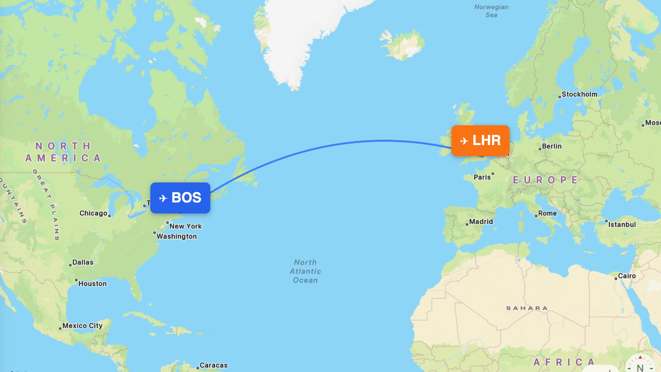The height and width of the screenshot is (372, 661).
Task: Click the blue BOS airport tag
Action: tap(180, 198)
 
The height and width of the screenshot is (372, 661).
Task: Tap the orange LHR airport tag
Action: tap(480, 141)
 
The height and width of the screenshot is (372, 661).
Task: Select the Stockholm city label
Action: tap(579, 94)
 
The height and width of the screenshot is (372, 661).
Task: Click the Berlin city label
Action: tap(552, 146)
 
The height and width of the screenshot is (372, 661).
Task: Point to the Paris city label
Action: tap(482, 177)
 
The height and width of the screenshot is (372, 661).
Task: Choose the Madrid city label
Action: tap(481, 222)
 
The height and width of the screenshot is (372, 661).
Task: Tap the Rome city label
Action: tap(547, 213)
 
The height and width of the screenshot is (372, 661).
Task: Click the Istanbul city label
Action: tap(622, 224)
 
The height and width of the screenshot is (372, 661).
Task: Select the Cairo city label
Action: tap(627, 276)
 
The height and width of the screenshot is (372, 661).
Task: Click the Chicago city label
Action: tap(93, 213)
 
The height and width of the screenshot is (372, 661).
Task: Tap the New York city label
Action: tap(185, 226)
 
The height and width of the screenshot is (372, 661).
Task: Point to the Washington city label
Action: tap(176, 236)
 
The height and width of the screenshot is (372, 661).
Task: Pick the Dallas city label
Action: tap(83, 262)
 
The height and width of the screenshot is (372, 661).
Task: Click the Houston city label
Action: tap(92, 284)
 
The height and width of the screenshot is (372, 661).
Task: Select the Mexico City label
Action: tap(82, 326)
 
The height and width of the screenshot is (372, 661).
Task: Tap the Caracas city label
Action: tap(213, 365)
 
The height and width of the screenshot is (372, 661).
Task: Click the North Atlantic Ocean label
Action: tap(305, 271)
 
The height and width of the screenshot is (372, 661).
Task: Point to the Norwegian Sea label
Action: tap(491, 11)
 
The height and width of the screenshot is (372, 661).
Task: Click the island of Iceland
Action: tap(403, 45)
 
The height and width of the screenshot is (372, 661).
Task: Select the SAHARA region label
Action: tap(527, 308)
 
